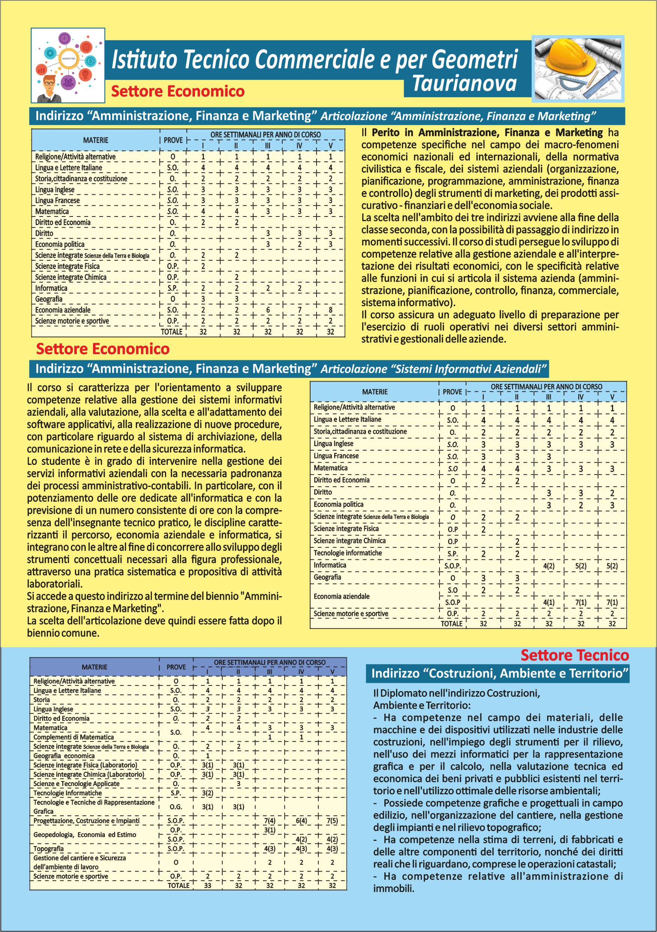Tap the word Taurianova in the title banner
pos(465,84)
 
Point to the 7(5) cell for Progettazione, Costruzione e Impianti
pos(332,820)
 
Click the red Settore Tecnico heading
pos(574,655)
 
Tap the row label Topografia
pos(48,848)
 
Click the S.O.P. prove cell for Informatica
pos(453,565)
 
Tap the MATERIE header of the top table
pos(96,140)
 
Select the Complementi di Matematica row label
pos(73,737)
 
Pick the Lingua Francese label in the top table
pos(57,200)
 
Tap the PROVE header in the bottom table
pos(176,667)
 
